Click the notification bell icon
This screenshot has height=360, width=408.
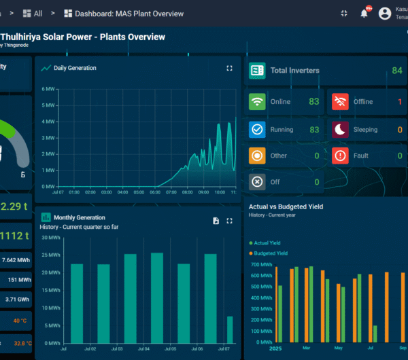[x=364, y=14]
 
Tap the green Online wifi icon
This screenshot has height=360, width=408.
[x=257, y=102]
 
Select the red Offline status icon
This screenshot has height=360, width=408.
[x=341, y=102]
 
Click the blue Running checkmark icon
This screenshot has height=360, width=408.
[x=257, y=129]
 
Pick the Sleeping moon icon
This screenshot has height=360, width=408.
[x=341, y=129]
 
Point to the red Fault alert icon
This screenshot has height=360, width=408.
[x=341, y=156]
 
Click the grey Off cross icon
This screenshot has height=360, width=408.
[x=257, y=181]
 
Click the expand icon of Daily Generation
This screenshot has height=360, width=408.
[x=230, y=68]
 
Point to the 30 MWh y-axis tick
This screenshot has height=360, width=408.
[x=51, y=238]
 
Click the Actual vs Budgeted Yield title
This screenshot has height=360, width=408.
[x=286, y=206]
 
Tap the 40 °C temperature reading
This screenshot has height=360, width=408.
[x=19, y=321]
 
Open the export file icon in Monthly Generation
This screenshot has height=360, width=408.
[x=216, y=221]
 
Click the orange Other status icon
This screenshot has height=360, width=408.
[x=257, y=156]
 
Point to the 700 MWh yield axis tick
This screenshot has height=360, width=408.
[x=261, y=264]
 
